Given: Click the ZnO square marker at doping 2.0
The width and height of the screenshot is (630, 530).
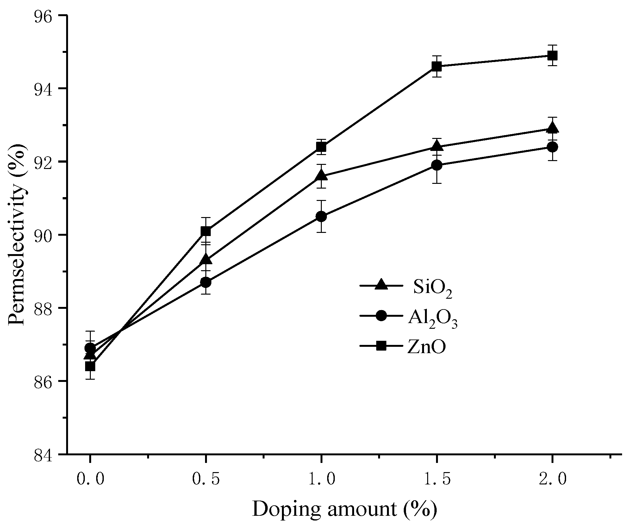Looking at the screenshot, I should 552,56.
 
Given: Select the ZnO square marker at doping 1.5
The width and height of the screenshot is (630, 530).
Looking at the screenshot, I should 437,66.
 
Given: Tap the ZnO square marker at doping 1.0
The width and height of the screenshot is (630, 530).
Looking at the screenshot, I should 321,147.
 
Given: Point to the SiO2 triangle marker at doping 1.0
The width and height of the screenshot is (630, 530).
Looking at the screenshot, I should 321,175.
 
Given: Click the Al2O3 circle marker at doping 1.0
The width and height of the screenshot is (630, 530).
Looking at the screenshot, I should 321,216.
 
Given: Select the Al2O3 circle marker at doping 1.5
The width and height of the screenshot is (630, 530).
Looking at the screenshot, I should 437,165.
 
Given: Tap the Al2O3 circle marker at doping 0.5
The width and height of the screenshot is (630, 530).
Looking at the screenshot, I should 206,282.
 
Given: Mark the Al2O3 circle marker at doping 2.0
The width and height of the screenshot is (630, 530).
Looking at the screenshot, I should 552,147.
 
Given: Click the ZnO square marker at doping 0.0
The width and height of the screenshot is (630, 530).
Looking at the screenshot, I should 90,366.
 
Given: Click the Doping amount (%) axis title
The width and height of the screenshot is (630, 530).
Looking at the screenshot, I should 344,510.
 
